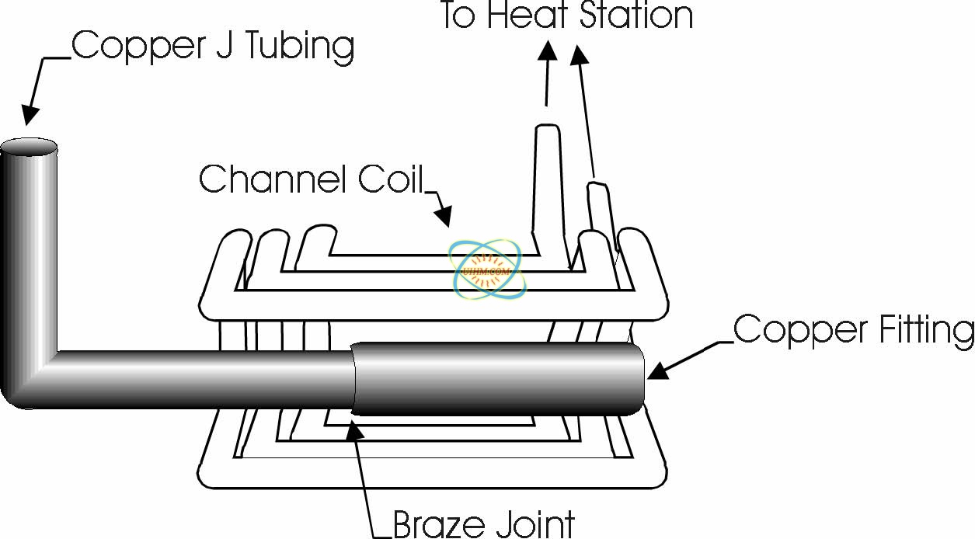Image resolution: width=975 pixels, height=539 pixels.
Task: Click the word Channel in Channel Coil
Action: [x=273, y=179]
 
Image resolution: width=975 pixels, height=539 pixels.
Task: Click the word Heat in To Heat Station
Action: [x=528, y=16]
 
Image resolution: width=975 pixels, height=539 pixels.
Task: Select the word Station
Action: [x=635, y=16]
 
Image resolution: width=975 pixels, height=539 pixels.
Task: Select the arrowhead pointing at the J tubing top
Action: [x=30, y=115]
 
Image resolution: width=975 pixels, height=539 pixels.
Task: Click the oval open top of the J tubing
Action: [x=29, y=146]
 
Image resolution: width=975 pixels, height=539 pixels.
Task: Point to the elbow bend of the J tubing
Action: [x=27, y=381]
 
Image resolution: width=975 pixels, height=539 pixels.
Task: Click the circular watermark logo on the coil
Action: [x=489, y=270]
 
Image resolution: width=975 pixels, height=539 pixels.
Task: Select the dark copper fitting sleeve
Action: [x=497, y=378]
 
